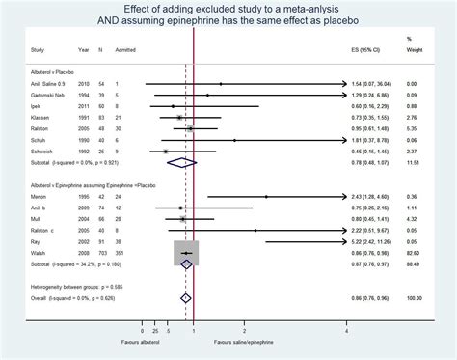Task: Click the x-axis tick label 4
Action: pos(346,333)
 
